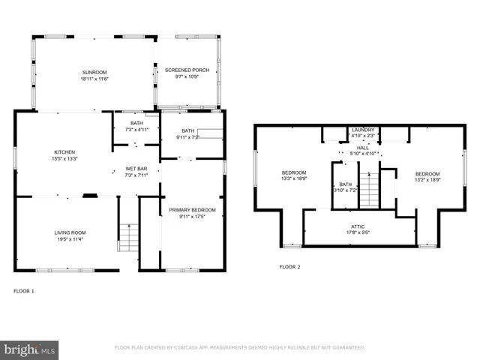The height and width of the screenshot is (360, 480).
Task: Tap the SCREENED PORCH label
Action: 186,70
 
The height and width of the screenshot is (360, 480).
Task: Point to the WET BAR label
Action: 136,169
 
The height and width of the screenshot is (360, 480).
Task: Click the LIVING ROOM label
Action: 70,232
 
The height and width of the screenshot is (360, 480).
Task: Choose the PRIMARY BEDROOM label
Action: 192,210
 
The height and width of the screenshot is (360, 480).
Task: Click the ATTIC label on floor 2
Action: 358,226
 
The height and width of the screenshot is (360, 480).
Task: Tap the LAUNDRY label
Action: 363,130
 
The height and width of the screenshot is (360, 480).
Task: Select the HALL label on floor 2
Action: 363,148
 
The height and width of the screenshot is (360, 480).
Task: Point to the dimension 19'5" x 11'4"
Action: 70,240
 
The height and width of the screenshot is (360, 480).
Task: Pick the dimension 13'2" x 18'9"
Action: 427,179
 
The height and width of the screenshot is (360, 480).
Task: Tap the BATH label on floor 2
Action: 345,184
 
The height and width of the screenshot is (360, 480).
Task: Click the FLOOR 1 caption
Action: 24,290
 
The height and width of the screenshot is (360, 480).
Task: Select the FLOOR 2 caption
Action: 289,267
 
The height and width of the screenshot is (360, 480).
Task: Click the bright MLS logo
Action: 30,349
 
